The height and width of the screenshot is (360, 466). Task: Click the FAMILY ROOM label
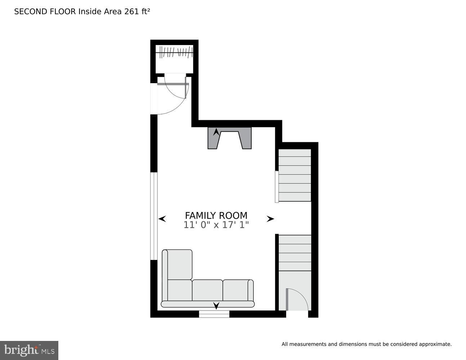tap(216, 215)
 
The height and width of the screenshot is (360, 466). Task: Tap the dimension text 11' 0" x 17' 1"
tap(216, 225)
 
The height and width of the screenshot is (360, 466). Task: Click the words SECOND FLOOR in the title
tap(45, 12)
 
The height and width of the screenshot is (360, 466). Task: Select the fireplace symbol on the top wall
tap(229, 138)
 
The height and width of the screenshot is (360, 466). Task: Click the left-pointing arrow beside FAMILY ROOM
tap(162, 219)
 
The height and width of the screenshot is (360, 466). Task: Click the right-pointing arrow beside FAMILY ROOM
tap(270, 219)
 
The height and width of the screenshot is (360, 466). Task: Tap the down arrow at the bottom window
tap(216, 306)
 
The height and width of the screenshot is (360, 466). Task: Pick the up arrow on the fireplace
tap(216, 132)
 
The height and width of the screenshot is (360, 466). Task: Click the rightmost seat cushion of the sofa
tap(237, 290)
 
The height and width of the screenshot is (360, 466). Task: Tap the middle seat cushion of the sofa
tap(207, 290)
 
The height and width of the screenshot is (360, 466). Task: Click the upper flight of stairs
tap(295, 175)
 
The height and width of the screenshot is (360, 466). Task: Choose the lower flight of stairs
tap(295, 253)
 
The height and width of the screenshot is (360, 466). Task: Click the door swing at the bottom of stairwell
tap(297, 300)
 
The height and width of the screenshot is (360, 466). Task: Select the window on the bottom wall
tap(214, 314)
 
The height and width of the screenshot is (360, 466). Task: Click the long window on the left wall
tap(154, 216)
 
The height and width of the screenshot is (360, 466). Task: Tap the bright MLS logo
tap(29, 350)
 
